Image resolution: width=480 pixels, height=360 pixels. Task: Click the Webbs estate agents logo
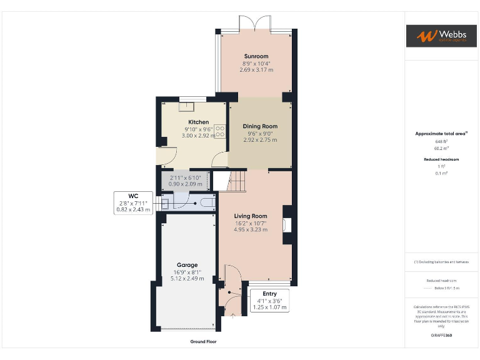coord(441,36)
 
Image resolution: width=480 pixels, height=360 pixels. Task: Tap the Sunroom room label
coord(256,57)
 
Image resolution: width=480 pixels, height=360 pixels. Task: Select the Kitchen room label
coord(199,122)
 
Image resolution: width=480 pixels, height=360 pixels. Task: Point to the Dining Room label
coord(260,126)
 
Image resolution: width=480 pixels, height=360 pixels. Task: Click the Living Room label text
coord(251,216)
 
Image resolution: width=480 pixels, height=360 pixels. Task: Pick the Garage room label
coord(187,264)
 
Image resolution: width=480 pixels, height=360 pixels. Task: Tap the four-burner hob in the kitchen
coord(220,132)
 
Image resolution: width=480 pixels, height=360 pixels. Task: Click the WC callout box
coord(133,202)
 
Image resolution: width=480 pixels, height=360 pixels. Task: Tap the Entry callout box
coord(269,301)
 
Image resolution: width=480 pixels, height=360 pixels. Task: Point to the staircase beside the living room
coord(237,182)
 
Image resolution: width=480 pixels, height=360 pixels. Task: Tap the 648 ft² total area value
coord(441,142)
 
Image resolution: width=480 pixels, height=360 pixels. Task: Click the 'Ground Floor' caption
coord(203,342)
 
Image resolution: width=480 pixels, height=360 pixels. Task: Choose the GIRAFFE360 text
coord(441,336)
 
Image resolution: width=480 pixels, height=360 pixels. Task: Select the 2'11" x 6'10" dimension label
coord(185,178)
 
